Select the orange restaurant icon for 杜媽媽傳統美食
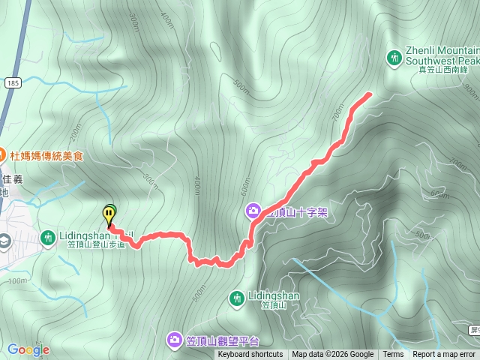[3, 156]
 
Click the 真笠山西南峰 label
[448, 69]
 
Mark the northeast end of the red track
[370, 94]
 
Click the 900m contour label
[470, 91]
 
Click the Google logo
[28, 349]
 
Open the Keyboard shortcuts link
[250, 355]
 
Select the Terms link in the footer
[393, 355]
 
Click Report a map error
[444, 355]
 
